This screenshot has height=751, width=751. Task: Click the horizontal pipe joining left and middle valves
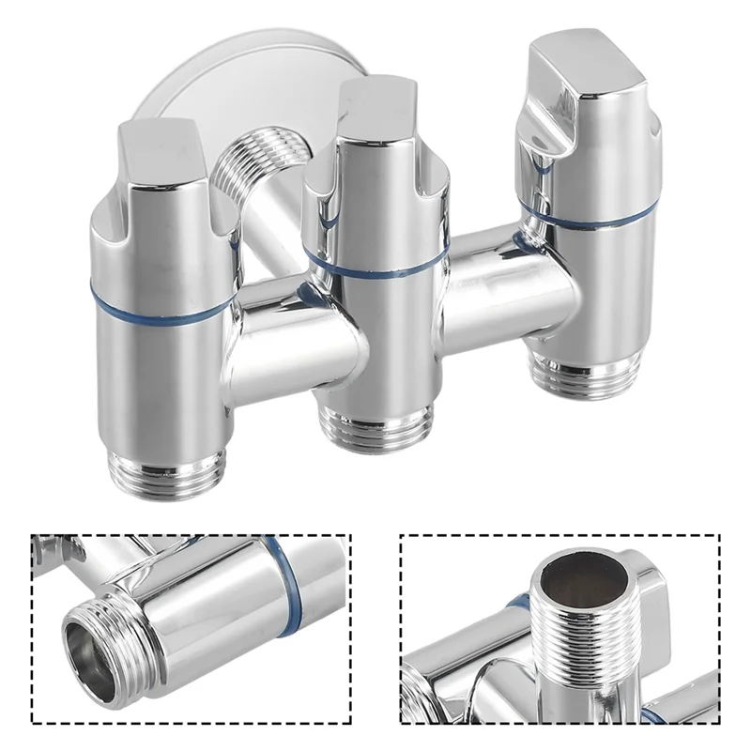tap(282, 333)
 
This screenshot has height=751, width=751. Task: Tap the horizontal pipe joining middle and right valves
tap(488, 282)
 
